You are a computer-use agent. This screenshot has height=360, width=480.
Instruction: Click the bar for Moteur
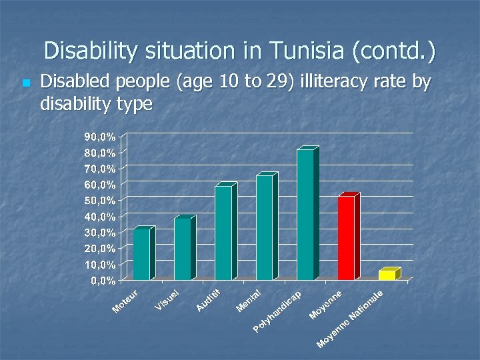(x=142, y=254)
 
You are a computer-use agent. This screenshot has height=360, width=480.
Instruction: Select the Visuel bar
(x=183, y=249)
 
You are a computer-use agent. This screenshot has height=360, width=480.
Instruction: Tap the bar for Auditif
(x=223, y=233)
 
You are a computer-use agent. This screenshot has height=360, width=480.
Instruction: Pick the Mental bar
(x=265, y=227)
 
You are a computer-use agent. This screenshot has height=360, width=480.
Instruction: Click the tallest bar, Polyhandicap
(x=305, y=214)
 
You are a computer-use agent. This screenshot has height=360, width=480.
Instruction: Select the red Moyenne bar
(x=346, y=237)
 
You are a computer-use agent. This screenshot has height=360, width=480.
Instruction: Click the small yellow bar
(x=387, y=275)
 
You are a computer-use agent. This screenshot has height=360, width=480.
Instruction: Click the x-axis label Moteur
(x=126, y=301)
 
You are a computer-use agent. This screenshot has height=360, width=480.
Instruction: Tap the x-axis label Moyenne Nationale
(x=350, y=318)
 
